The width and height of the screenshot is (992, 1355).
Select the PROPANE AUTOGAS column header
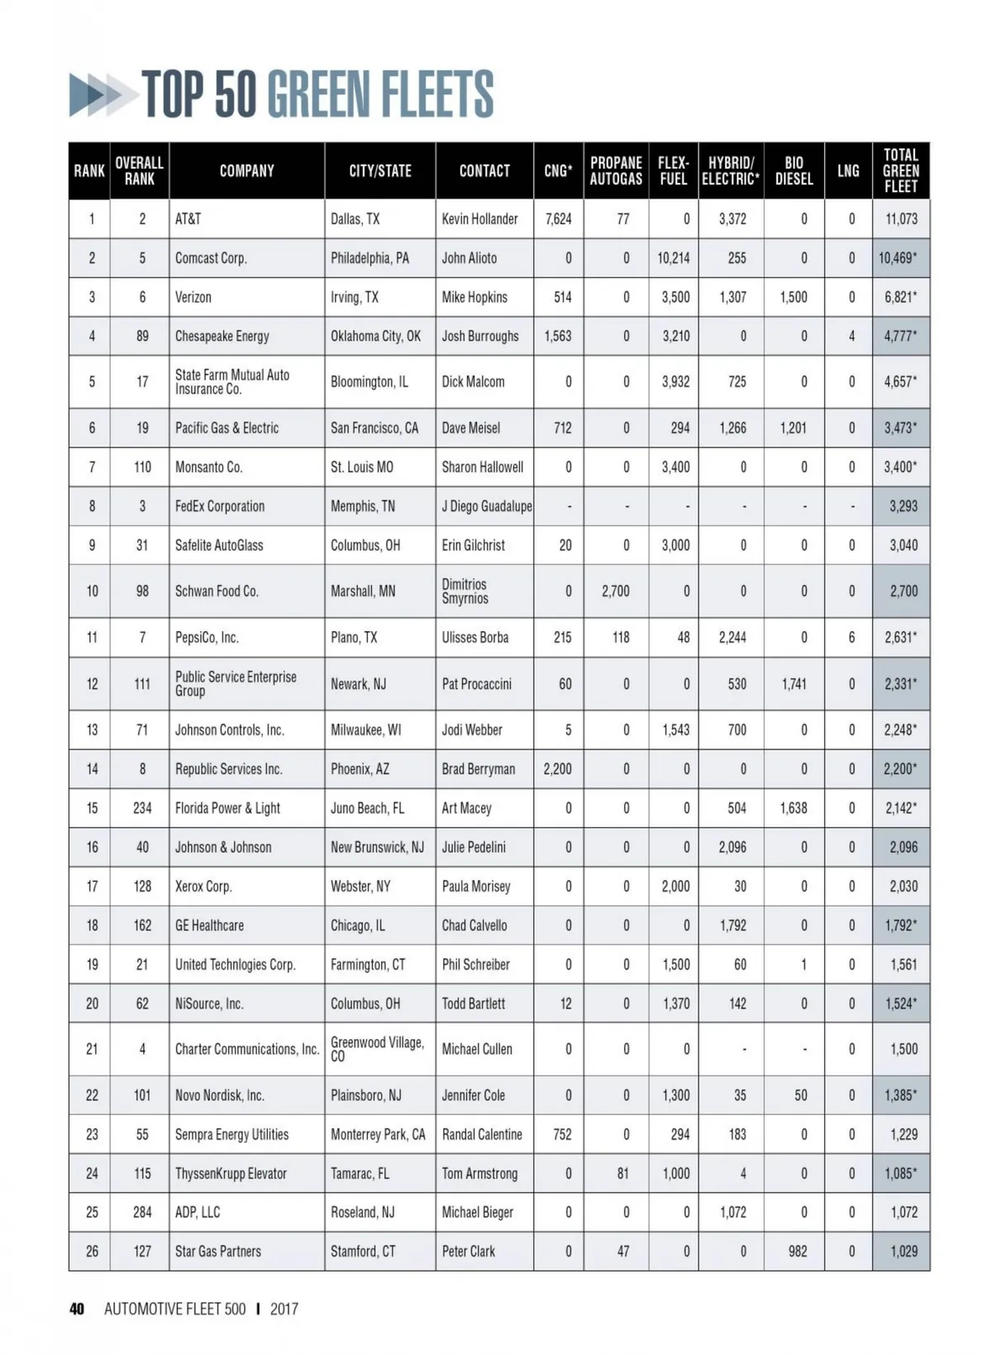(x=616, y=170)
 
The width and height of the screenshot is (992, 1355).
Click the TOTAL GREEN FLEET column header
(x=900, y=170)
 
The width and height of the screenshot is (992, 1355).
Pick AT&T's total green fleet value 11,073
(x=900, y=219)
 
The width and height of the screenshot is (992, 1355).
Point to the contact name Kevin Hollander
(x=479, y=219)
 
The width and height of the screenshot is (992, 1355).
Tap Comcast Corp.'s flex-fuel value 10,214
(x=674, y=258)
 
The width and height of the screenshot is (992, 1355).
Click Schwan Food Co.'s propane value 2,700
(x=615, y=591)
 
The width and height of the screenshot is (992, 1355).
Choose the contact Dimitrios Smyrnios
(x=465, y=591)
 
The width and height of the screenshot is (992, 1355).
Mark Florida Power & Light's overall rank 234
(x=142, y=807)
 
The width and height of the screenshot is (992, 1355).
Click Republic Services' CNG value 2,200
(x=557, y=768)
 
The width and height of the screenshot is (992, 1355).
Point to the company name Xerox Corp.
(x=203, y=886)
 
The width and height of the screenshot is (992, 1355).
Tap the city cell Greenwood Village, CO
(x=377, y=1049)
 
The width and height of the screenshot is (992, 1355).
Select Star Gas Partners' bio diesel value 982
(x=797, y=1251)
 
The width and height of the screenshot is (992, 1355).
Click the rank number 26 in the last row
(x=92, y=1251)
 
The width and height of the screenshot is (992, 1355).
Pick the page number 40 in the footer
(x=77, y=1309)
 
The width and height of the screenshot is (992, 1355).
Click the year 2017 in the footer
(x=284, y=1309)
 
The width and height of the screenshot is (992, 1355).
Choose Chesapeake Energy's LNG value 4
(x=851, y=336)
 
